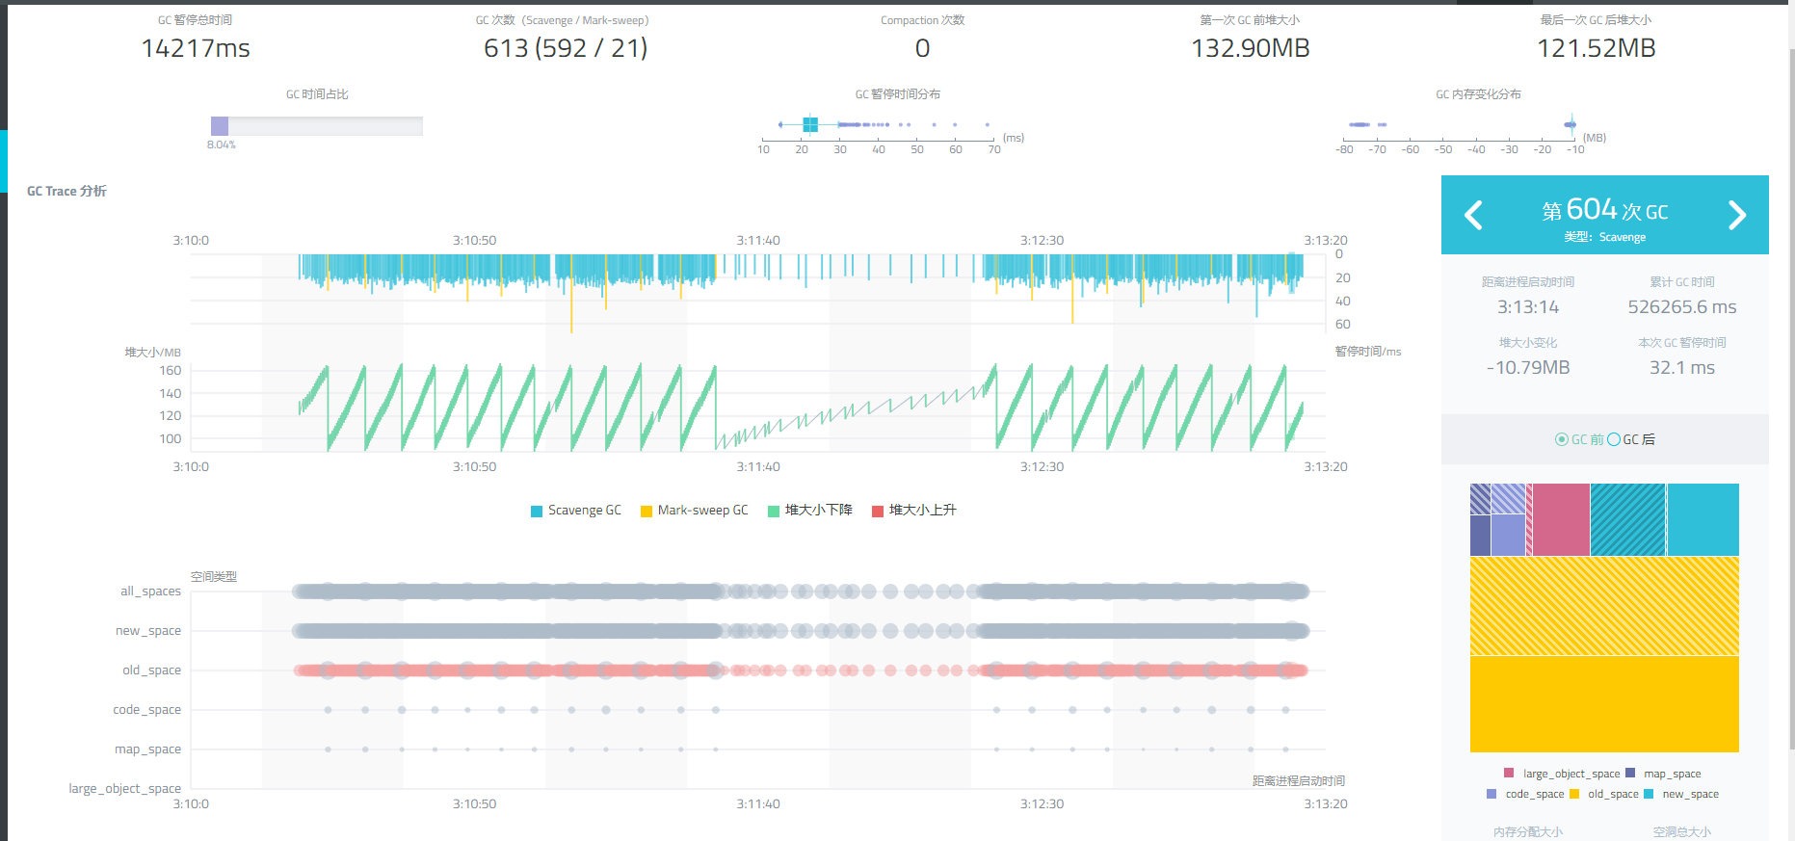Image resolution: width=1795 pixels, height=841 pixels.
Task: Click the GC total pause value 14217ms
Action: click(x=196, y=48)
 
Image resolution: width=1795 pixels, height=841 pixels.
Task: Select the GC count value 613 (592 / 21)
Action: click(x=566, y=48)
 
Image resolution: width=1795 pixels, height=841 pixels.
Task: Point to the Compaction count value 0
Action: click(x=922, y=48)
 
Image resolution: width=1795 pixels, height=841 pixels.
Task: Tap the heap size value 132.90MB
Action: click(x=1250, y=48)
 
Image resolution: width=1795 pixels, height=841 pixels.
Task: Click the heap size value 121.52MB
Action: click(x=1596, y=48)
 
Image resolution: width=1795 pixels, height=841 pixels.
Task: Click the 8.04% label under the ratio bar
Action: click(x=221, y=145)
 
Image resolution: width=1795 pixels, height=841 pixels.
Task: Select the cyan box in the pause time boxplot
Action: click(x=810, y=124)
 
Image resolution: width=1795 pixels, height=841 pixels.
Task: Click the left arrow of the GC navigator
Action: click(x=1473, y=215)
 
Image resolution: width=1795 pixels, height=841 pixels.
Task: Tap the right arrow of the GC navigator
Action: click(x=1736, y=215)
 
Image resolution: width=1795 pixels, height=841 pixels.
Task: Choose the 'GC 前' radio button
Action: click(x=1562, y=439)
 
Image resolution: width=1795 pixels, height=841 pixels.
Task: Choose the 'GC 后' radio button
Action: click(x=1614, y=439)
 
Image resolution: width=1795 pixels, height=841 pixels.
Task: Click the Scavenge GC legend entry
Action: click(x=575, y=511)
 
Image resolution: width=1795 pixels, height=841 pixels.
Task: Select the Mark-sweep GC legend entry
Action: click(x=694, y=511)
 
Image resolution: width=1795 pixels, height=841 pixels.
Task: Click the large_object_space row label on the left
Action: click(x=124, y=789)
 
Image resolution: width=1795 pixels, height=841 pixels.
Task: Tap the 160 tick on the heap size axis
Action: click(x=171, y=371)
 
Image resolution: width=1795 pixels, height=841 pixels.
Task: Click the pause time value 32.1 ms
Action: click(x=1681, y=368)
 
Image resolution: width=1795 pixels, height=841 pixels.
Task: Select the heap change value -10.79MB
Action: click(x=1528, y=368)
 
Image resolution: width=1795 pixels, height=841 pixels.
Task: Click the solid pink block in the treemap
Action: click(x=1561, y=519)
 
